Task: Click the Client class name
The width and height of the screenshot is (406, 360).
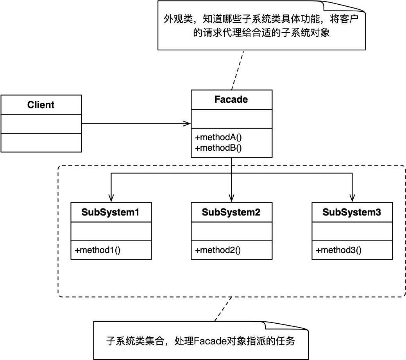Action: point(41,105)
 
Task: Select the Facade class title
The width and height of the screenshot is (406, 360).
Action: point(231,100)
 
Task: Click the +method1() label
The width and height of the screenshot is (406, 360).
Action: point(97,250)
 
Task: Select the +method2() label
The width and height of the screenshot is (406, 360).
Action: point(218,250)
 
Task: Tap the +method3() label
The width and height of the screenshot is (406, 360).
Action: point(338,250)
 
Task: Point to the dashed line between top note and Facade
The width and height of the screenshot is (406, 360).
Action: point(238,70)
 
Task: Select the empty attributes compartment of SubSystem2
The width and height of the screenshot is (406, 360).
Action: point(231,231)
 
